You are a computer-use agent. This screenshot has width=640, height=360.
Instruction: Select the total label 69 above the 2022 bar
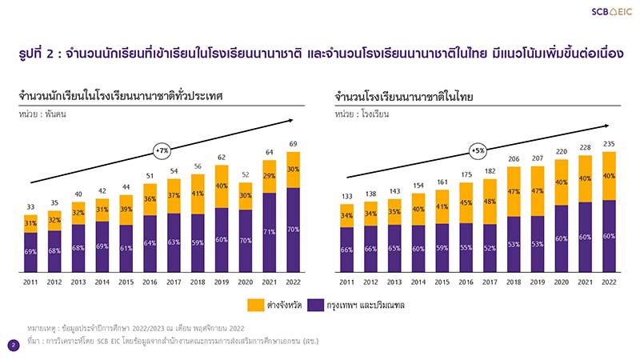click(x=294, y=143)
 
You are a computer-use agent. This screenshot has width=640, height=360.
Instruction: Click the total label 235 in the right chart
click(x=610, y=144)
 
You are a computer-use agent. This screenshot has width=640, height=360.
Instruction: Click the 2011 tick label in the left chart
click(x=30, y=282)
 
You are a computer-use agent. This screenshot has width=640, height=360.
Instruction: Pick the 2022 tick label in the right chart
click(x=610, y=282)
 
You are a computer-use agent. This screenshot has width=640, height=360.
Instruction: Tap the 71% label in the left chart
click(x=268, y=232)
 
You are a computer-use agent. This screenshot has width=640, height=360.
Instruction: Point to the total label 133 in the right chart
click(x=346, y=196)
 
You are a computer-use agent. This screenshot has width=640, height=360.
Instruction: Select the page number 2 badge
click(x=14, y=345)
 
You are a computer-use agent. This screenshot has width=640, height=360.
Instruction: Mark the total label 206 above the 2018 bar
click(x=513, y=159)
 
